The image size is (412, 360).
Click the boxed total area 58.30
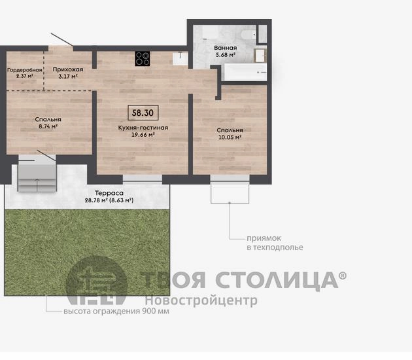[x=143, y=113]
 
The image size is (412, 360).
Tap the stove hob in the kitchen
[x=143, y=59]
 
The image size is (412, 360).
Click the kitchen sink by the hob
[x=180, y=58]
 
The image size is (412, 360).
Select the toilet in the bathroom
[x=249, y=35]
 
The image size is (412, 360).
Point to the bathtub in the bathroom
[x=245, y=72]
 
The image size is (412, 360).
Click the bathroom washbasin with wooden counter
[x=260, y=55]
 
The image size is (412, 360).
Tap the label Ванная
[x=226, y=48]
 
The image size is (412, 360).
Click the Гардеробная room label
[x=25, y=70]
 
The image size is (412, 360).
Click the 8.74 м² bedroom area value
[x=48, y=126]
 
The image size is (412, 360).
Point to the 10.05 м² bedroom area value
[x=230, y=137]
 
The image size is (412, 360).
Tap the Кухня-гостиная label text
[x=143, y=128]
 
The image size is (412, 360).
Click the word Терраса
[x=109, y=193]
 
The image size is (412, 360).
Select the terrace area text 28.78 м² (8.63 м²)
[x=109, y=200]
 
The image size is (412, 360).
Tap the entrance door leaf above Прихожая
[x=62, y=40]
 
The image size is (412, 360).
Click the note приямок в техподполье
[x=275, y=243]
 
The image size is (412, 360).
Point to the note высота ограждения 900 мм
[x=116, y=312]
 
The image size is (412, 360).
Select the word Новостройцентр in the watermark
[x=201, y=300]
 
